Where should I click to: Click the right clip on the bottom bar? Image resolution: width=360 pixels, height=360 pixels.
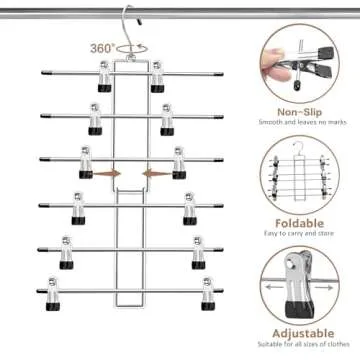point(207,292)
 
